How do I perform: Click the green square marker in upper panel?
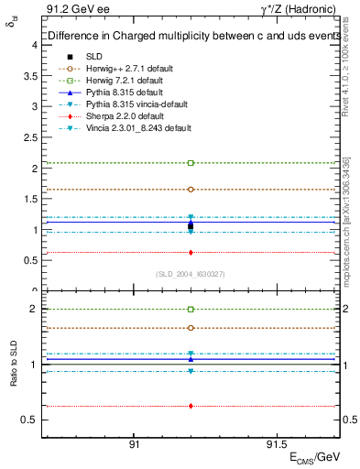191,163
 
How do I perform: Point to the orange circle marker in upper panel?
191,190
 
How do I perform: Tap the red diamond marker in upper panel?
191,253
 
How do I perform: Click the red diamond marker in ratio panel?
191,406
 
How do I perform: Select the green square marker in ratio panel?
191,310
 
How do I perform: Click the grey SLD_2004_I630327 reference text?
190,274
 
